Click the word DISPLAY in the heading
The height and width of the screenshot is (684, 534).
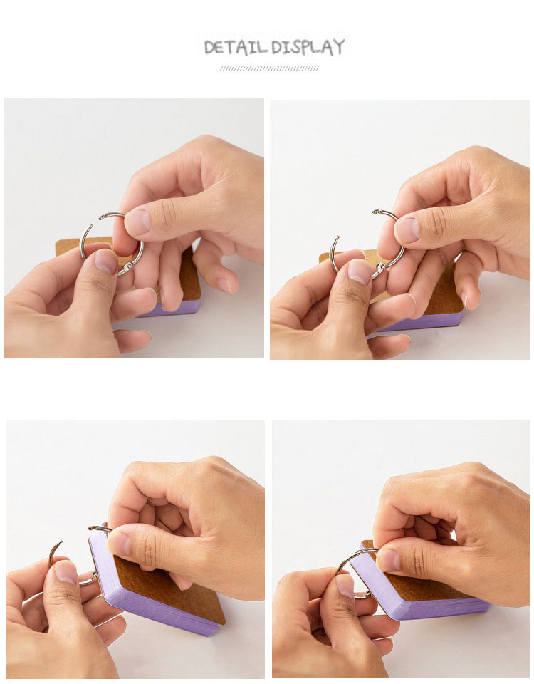(308, 47)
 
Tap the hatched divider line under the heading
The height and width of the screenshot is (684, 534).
(269, 68)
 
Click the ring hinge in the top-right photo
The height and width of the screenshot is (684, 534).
(381, 268)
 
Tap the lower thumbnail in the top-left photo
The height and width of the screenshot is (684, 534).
(106, 261)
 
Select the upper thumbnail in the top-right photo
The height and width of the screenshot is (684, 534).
(407, 230)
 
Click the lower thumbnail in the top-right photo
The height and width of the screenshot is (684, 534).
(360, 271)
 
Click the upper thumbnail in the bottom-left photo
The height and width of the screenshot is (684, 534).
(119, 544)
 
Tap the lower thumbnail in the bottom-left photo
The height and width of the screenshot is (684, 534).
(66, 571)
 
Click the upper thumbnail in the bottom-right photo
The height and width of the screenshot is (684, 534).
(388, 560)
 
